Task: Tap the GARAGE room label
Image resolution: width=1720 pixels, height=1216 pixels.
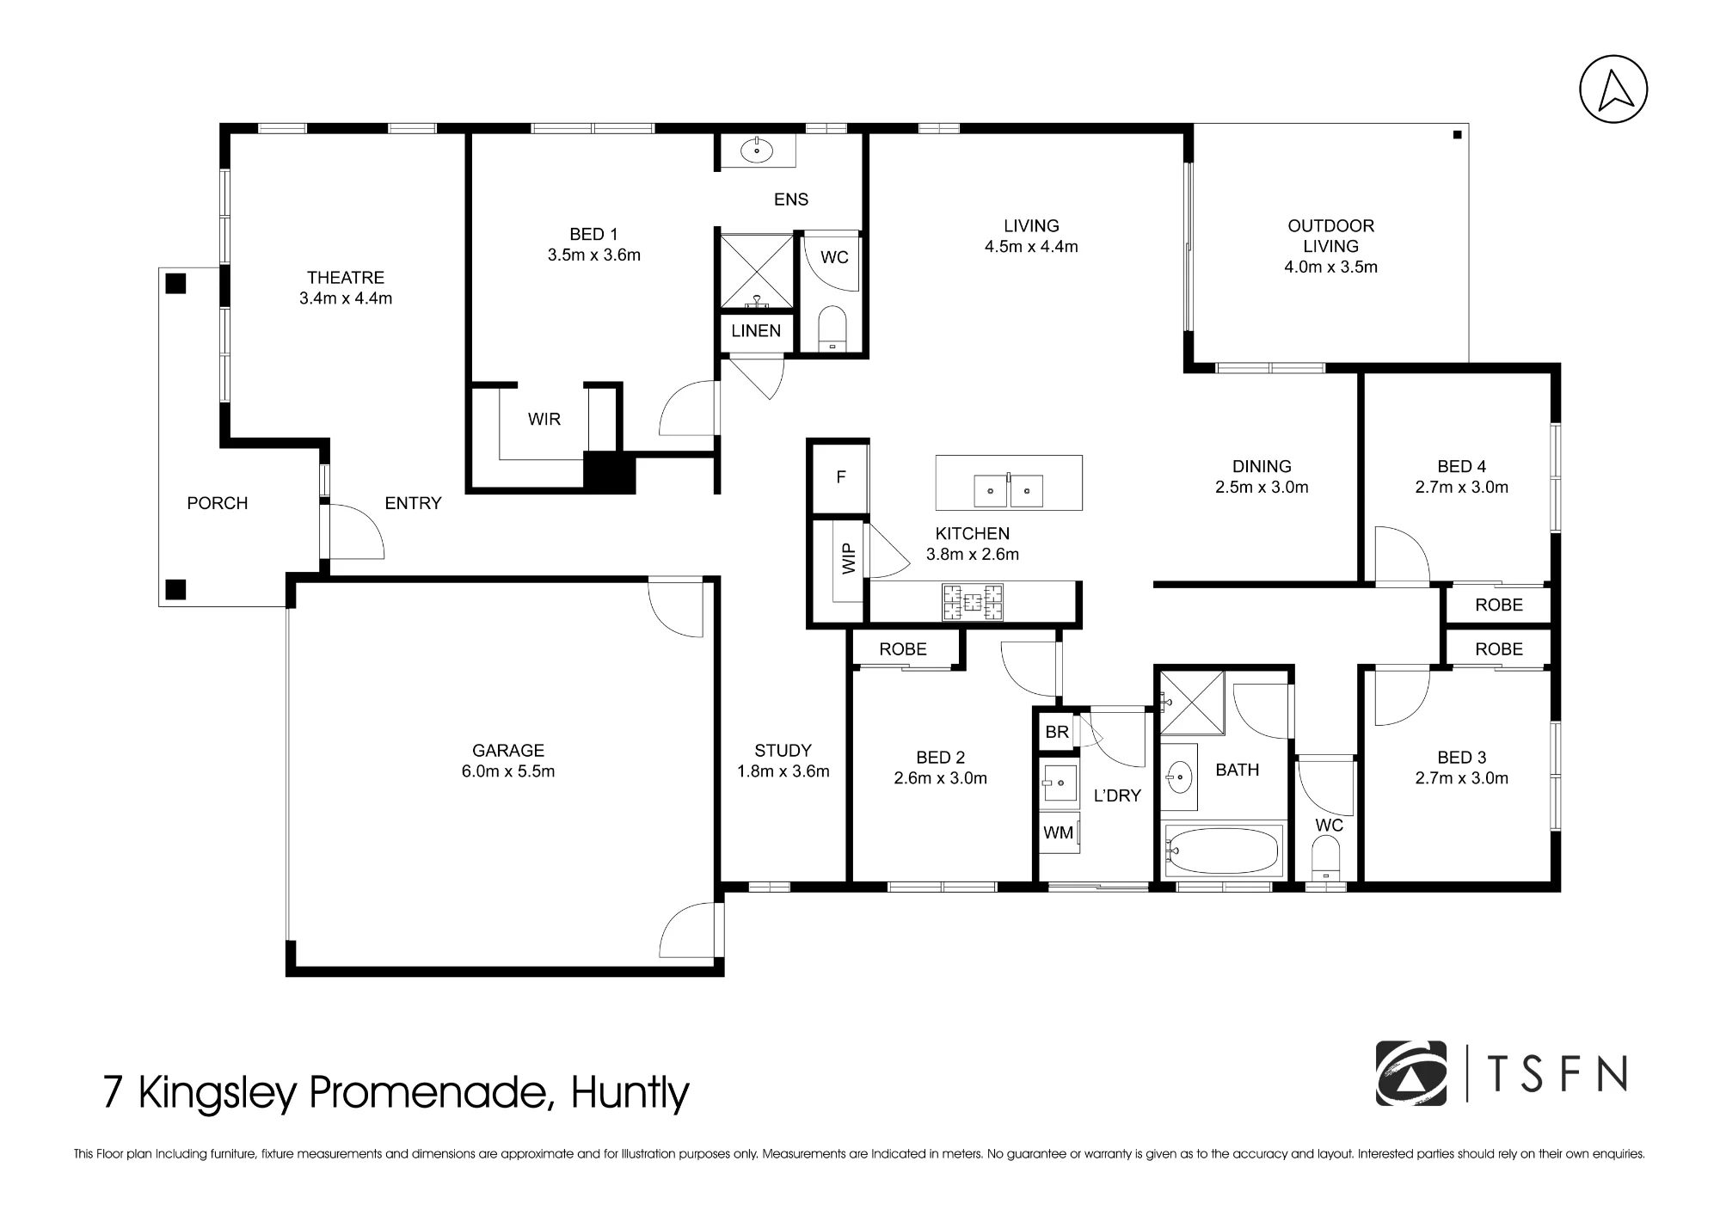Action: coord(508,750)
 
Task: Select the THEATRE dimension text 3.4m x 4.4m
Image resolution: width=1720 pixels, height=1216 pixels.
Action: coord(346,298)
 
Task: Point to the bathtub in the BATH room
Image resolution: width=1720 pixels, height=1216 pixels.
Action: coord(1223,850)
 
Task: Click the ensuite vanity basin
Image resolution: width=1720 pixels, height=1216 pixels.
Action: coord(757,150)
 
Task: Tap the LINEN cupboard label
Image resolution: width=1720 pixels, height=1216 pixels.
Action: coord(756,331)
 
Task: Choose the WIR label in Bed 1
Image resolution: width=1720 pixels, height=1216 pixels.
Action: coord(544,420)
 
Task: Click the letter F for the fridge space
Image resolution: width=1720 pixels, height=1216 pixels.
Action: coord(841,477)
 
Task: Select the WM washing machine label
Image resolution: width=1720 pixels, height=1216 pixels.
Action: coord(1058,832)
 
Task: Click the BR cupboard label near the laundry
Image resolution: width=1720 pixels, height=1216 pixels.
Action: coord(1057,732)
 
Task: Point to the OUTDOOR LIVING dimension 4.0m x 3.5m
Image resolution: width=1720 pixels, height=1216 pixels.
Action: coord(1330,267)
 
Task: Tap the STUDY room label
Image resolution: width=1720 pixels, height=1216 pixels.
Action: coord(783,750)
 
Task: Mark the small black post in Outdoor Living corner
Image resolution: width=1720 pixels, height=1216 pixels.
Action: coord(1457,135)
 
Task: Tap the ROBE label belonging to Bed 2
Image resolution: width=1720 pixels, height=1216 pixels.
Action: coord(903,649)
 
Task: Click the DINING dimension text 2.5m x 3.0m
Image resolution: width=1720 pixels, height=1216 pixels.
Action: coord(1262,488)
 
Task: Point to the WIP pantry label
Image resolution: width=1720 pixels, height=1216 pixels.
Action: coord(849,559)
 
